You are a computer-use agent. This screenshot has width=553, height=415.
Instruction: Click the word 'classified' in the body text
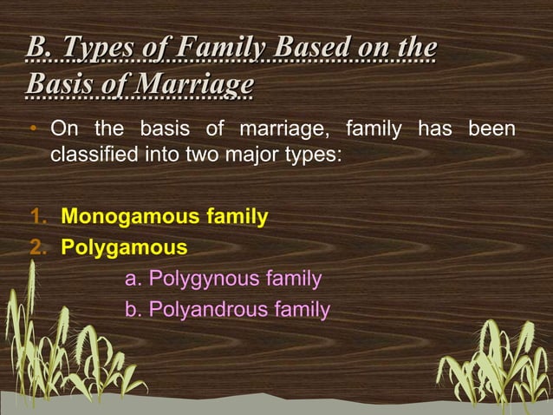[93, 157]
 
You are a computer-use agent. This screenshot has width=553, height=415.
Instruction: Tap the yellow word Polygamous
[124, 247]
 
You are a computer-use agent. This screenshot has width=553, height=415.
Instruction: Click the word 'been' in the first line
[491, 131]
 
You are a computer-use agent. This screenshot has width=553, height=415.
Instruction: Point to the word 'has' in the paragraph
[433, 131]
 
